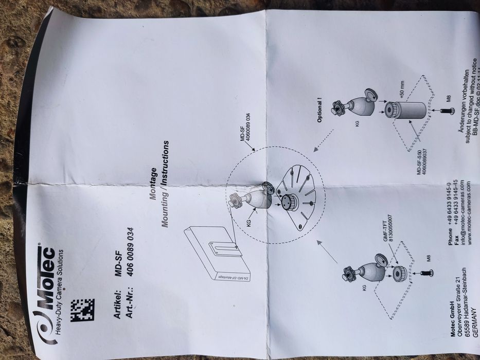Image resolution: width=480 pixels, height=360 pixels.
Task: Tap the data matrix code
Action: pyautogui.click(x=82, y=310)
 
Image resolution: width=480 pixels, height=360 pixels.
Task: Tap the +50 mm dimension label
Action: pyautogui.click(x=402, y=93)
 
